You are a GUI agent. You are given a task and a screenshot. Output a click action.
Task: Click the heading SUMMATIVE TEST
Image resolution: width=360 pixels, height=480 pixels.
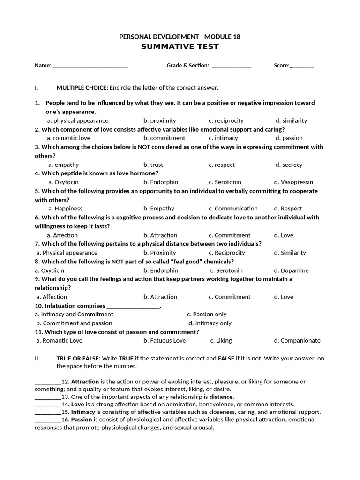[x=180, y=47]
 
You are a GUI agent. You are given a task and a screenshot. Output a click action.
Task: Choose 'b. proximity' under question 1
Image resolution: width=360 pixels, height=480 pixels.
[x=160, y=120]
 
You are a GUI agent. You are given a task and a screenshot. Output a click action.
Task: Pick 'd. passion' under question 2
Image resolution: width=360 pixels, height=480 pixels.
[x=289, y=138]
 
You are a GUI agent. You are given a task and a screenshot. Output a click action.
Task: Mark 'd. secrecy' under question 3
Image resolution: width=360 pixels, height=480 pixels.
[x=289, y=165]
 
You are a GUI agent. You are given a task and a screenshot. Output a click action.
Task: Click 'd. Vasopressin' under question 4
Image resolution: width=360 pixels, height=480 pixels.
[x=293, y=182]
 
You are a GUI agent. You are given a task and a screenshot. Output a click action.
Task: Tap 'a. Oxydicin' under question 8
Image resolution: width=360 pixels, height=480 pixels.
[x=50, y=270]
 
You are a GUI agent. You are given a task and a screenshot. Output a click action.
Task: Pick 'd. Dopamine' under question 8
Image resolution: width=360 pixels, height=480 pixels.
[x=291, y=270]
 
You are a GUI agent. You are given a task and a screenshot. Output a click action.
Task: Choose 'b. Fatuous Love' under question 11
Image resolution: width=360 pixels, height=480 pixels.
[x=165, y=341]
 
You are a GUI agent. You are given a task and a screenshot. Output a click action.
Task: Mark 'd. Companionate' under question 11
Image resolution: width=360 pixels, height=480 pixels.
[x=297, y=341]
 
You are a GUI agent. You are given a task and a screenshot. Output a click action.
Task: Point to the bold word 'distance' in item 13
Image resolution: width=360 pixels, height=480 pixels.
[x=221, y=397]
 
